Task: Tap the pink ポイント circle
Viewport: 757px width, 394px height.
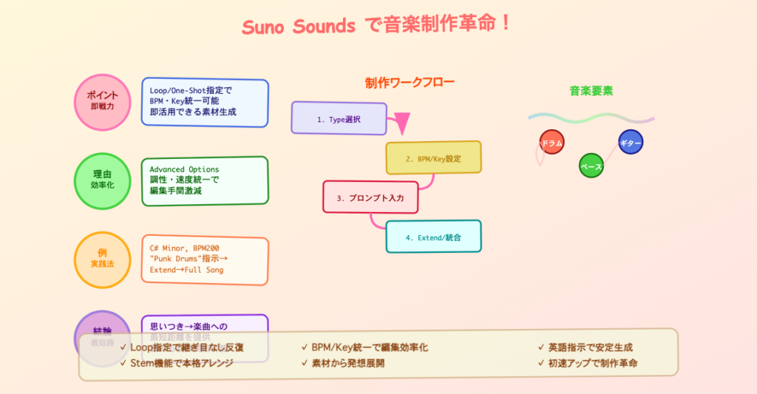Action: (x=102, y=102)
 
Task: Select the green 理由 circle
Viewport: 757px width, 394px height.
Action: (x=102, y=180)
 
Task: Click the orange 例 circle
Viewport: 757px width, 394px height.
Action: (x=102, y=259)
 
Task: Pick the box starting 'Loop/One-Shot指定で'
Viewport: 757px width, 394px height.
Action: (x=205, y=103)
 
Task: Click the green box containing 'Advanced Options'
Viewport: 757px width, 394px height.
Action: (x=205, y=180)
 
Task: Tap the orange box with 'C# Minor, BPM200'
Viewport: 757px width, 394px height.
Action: (x=205, y=259)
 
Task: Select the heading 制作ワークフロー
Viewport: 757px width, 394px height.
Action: (x=410, y=83)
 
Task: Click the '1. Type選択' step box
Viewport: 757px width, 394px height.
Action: (x=339, y=118)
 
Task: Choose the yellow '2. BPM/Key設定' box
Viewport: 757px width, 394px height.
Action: (x=433, y=157)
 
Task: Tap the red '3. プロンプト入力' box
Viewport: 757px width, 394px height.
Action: (x=370, y=197)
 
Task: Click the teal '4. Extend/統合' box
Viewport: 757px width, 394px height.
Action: (x=433, y=237)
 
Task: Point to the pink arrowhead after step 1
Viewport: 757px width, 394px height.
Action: (x=401, y=123)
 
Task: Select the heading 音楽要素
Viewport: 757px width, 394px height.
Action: (x=591, y=91)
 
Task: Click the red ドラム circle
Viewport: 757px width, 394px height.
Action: (x=552, y=142)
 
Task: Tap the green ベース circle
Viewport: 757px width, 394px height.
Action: (x=591, y=166)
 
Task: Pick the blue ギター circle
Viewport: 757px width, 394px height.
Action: (x=630, y=142)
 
